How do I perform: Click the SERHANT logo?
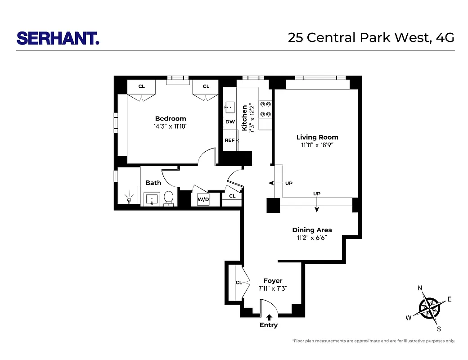coord(58,38)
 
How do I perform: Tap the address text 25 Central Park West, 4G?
coord(371,38)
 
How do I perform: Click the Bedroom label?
coord(171,119)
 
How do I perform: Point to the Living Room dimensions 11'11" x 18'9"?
coord(317,145)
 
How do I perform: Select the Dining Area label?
coord(312,230)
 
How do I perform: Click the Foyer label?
coord(273,281)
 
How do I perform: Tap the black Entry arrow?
coord(269,317)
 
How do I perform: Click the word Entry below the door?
coord(269,325)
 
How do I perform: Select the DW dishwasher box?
coord(230,122)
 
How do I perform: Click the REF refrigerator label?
coord(229,140)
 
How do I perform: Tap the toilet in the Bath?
coord(169,198)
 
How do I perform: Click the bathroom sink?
coord(152,199)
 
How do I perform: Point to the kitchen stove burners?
coord(265,109)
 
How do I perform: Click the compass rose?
coord(429,308)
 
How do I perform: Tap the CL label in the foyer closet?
coord(239,283)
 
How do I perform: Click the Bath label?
coord(153,183)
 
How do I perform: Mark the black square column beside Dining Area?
coord(273,205)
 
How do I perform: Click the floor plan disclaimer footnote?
coord(373,341)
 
